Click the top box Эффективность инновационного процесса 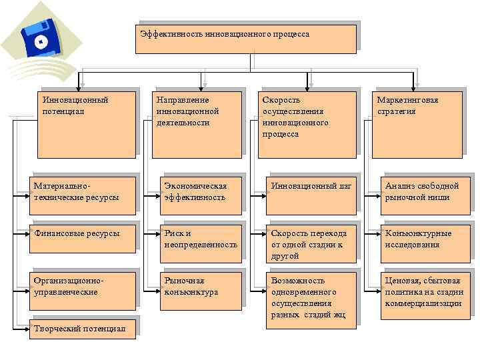coord(245,39)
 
